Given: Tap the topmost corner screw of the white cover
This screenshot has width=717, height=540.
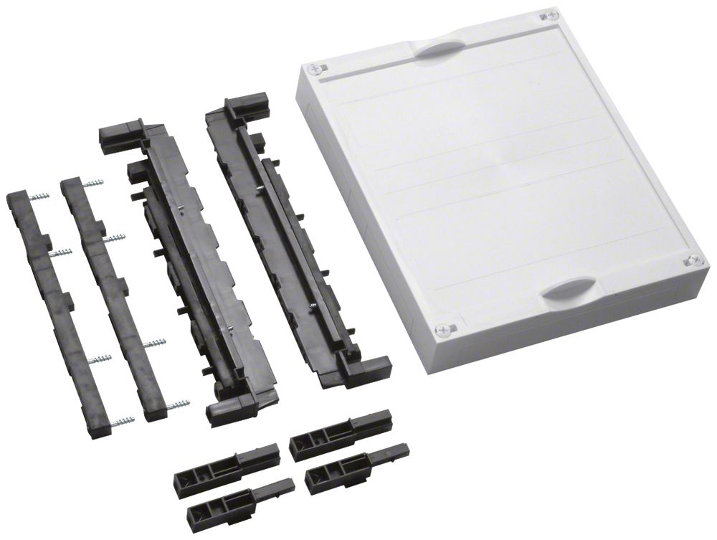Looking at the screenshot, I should click(550, 15).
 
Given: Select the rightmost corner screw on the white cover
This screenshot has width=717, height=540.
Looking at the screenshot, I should click(694, 261).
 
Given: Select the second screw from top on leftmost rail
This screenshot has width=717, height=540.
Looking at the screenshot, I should click(60, 252).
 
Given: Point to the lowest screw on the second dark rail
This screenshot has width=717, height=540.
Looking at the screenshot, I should click(178, 406).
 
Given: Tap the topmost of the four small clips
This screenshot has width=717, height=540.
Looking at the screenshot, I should click(341, 430).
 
